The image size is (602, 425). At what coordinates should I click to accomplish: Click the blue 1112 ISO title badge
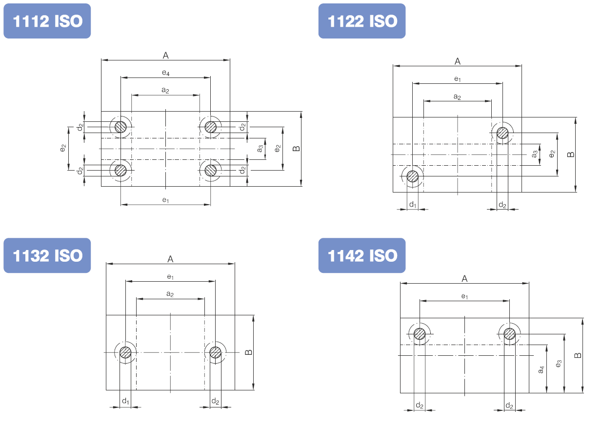point(47,21)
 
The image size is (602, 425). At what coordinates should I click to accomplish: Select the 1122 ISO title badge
point(362,21)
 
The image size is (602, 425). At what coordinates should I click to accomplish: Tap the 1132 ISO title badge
point(47,255)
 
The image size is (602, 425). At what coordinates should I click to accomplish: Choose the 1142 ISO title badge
point(362,255)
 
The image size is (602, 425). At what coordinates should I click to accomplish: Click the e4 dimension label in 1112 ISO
point(166,73)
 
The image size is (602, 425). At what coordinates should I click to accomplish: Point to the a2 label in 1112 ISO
point(165,90)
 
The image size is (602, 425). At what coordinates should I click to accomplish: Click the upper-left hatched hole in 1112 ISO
point(120,127)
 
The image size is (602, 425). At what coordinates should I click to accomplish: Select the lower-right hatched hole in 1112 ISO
point(210,170)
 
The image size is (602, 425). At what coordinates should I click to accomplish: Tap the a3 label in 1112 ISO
point(260,149)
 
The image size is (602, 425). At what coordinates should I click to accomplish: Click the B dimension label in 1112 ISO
point(296,149)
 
